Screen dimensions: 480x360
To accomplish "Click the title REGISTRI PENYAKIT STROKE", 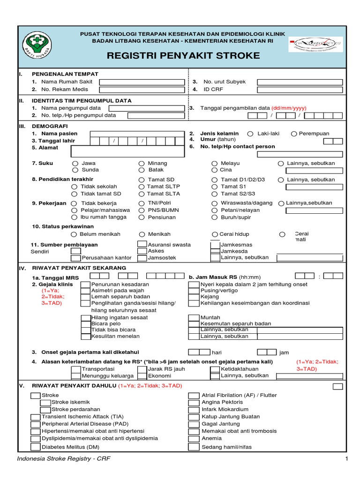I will pos(177,56).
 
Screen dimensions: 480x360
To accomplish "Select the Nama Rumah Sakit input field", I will pos(141,82).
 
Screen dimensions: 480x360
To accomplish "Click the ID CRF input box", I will pos(300,89).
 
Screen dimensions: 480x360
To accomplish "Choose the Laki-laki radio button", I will pos(250,134).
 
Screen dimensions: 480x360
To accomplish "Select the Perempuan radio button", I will pos(294,134).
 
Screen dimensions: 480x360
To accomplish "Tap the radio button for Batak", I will pos(142,170).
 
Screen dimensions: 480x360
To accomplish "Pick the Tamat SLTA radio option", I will pos(142,194).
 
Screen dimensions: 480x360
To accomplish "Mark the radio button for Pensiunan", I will pos(142,217).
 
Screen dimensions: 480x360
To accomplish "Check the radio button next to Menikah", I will pos(142,234).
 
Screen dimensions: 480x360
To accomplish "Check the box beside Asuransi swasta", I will pos(142,244).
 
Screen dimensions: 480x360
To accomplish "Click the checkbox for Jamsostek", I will pos(142,257).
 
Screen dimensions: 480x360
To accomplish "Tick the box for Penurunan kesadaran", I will pos(85,284).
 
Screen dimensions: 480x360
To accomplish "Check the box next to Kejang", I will pos(194,297).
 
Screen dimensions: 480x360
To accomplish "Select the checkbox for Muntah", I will pos(194,317).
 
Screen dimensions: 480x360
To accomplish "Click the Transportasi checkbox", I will pos(75,369).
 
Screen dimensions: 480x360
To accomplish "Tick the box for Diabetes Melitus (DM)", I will pos(36,446).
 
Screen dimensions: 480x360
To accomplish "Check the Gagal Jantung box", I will pos(194,424).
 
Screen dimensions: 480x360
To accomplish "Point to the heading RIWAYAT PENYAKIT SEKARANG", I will pos(79,268).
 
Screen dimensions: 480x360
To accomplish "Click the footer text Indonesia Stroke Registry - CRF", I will pos(64,458).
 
